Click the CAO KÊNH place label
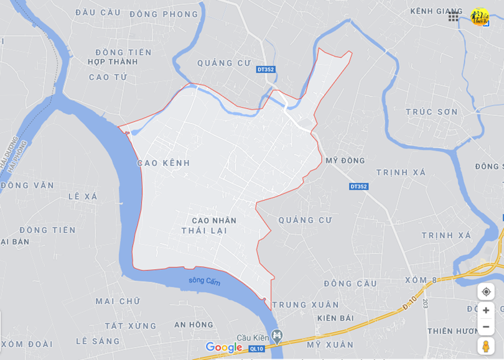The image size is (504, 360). [163, 163]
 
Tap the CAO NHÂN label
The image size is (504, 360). [214, 220]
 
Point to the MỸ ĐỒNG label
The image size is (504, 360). [345, 160]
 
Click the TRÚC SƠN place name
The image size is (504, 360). [431, 112]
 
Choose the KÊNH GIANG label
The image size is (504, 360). [436, 11]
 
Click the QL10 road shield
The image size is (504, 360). [256, 349]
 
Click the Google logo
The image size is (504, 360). [223, 347]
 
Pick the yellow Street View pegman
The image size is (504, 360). [486, 346]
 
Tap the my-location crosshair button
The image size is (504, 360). [486, 292]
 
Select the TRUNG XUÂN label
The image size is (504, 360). [306, 305]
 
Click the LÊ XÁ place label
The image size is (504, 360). [83, 196]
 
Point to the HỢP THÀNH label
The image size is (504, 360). [113, 62]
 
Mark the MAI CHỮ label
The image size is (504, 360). [118, 302]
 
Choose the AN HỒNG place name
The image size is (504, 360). [194, 325]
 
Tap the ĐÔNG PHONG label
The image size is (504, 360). [164, 14]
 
